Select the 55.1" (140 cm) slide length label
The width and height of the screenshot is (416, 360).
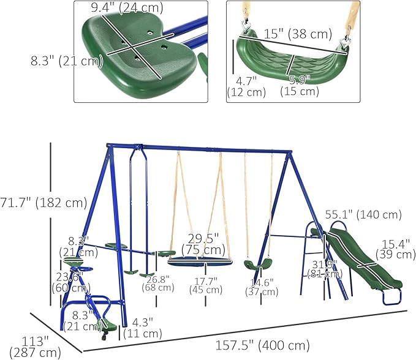click(x=371, y=215)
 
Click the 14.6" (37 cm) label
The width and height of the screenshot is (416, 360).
click(x=265, y=287)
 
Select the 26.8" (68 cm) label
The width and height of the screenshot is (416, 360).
click(x=157, y=282)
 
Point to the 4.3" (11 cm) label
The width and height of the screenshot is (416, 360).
click(x=142, y=328)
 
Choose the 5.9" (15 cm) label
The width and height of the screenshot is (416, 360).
click(x=300, y=85)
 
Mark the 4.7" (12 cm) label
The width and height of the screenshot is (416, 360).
click(x=246, y=86)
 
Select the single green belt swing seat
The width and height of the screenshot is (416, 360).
click(x=257, y=265)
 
